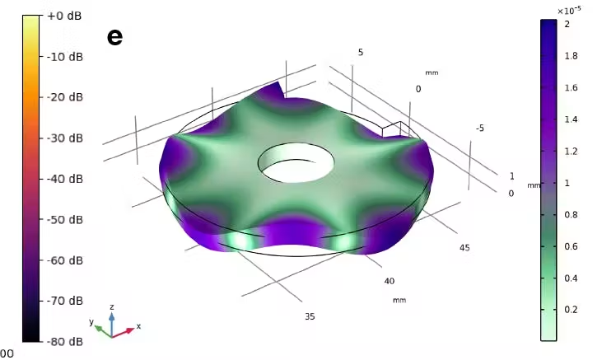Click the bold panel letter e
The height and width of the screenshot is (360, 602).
click(x=114, y=37)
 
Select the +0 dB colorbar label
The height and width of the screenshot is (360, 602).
click(x=64, y=16)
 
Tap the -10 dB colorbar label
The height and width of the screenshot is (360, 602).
click(x=65, y=57)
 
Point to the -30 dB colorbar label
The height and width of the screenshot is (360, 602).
click(x=65, y=138)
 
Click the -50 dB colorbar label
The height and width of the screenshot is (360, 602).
click(x=65, y=219)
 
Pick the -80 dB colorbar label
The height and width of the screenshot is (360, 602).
click(x=65, y=341)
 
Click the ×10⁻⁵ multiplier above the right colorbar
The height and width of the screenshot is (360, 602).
click(x=569, y=11)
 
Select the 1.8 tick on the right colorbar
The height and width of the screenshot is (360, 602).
click(x=571, y=56)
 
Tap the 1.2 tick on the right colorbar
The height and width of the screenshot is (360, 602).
click(x=571, y=152)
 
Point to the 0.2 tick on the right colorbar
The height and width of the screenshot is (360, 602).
click(x=571, y=310)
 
